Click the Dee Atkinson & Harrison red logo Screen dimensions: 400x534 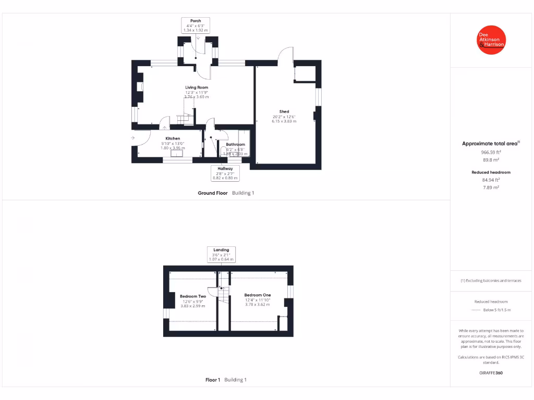pos(491,40)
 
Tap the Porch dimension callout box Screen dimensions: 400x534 pos(196,26)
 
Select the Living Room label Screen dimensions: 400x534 pos(197,87)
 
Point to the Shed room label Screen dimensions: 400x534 pos(284,111)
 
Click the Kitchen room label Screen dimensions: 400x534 pos(173,139)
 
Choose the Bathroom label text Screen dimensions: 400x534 pos(235,144)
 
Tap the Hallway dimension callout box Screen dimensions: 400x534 pos(225,173)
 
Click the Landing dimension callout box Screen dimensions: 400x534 pos(221,254)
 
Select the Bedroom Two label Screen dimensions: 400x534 pos(193,296)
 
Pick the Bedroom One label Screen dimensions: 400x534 pos(258,295)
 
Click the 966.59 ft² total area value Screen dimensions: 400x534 pos(491,153)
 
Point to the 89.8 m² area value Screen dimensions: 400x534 pos(491,160)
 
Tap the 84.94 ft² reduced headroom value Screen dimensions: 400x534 pos(491,179)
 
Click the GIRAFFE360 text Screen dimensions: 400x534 pos(491,373)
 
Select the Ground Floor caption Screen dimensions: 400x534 pos(213,193)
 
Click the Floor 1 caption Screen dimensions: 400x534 pos(213,380)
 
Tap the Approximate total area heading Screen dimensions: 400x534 pos(490,144)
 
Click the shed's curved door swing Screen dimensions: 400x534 pos(286,54)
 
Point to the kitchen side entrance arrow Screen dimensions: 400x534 pos(133,137)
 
